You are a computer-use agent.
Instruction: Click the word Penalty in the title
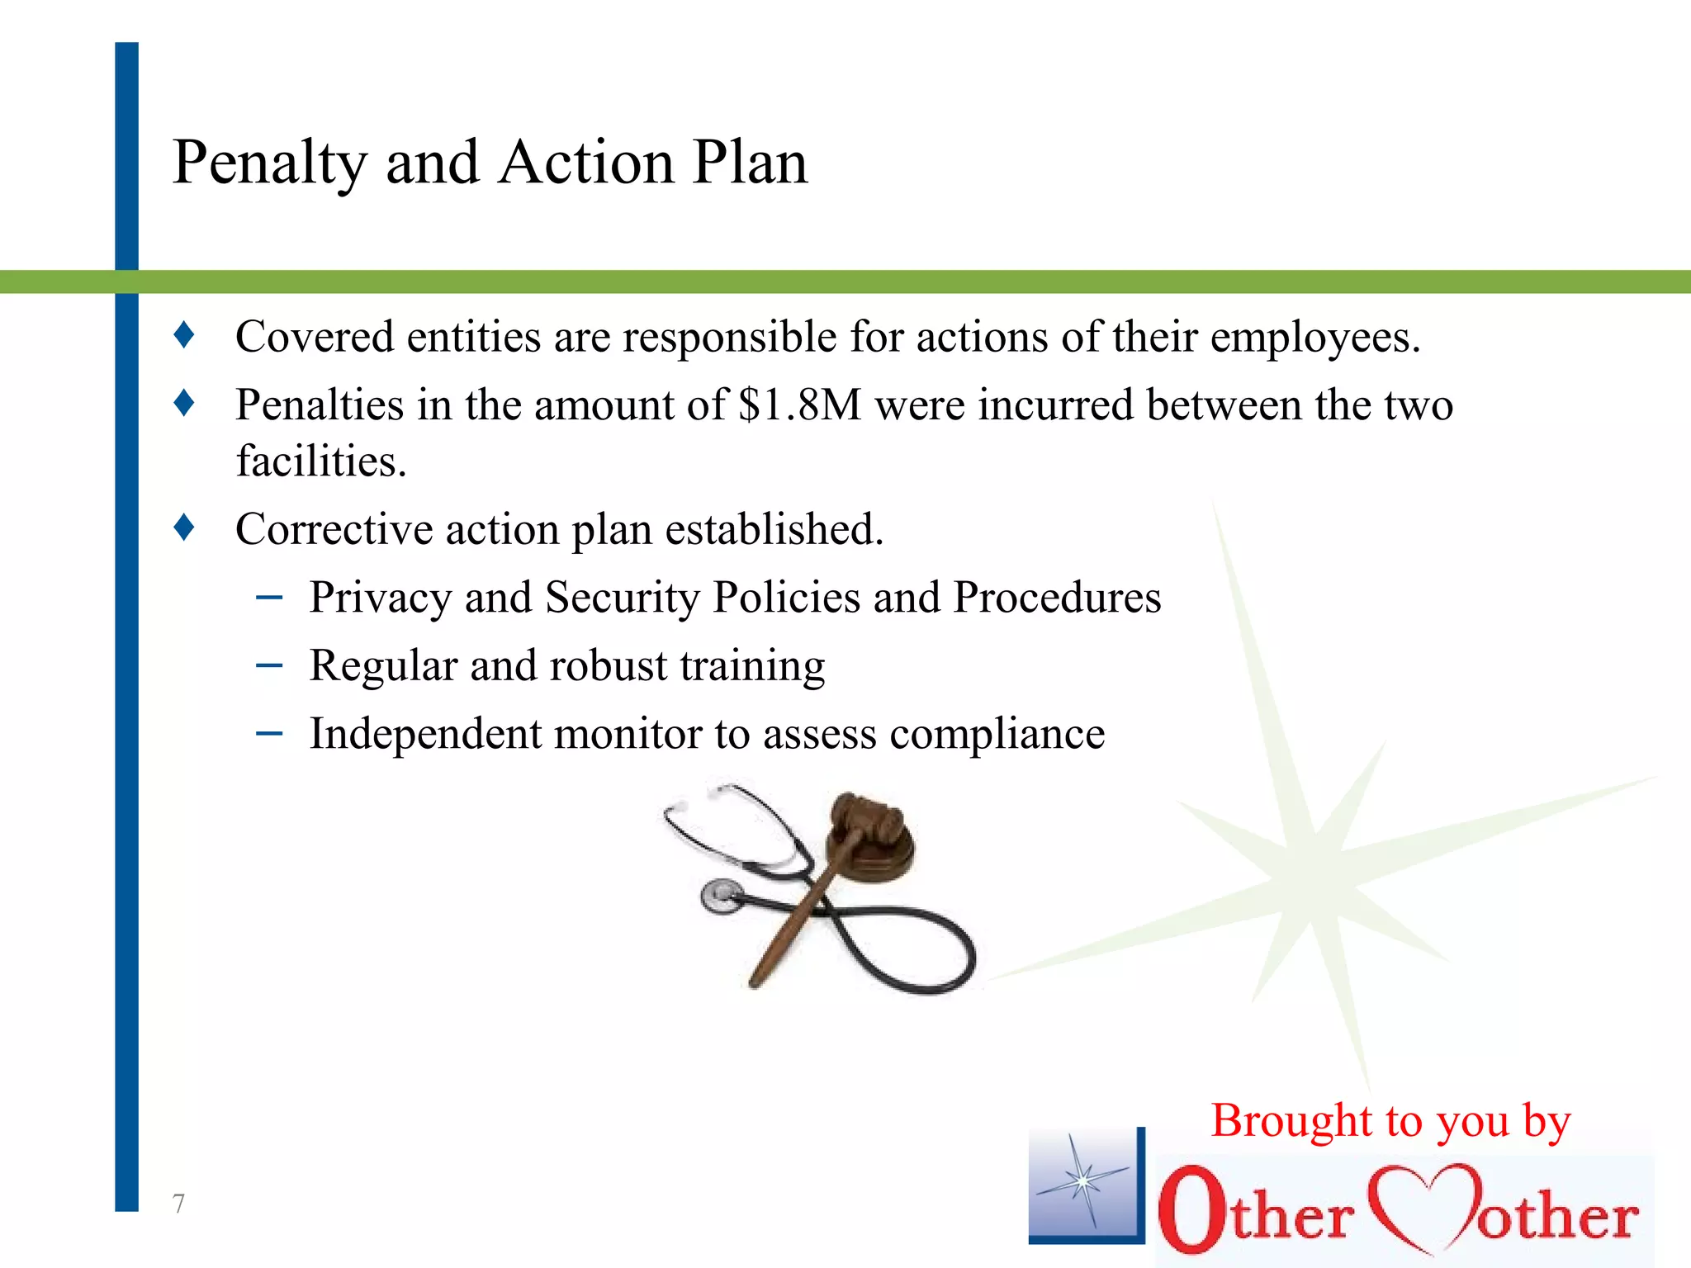tap(269, 163)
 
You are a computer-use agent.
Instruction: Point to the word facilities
tap(321, 461)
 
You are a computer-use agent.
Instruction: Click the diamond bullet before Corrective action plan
tap(184, 527)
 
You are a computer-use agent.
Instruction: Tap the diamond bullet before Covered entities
tap(184, 335)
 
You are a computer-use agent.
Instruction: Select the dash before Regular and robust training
tap(269, 665)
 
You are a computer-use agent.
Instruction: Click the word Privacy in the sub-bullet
tap(380, 599)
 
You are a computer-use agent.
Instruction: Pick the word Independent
tap(424, 733)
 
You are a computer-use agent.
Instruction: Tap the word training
tap(752, 667)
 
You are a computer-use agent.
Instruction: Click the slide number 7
tap(178, 1204)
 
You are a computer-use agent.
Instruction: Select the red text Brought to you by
tap(1390, 1122)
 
